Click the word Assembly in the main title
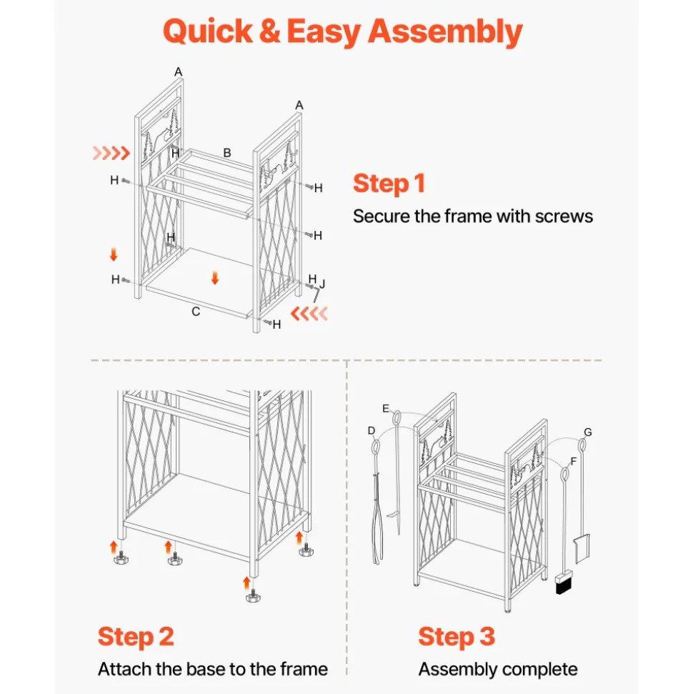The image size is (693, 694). tap(445, 32)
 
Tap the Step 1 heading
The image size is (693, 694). tap(389, 184)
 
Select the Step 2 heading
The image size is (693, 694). tap(136, 637)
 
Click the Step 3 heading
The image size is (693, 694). tap(457, 637)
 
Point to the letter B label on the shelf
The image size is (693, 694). tap(227, 153)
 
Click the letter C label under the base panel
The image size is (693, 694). tap(196, 312)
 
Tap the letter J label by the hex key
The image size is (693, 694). tap(323, 284)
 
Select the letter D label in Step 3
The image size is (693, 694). tap(372, 431)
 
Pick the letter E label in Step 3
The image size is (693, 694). tap(386, 408)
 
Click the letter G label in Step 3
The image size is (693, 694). tap(588, 432)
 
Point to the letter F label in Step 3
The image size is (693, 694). tap(574, 462)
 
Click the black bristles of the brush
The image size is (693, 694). tap(563, 587)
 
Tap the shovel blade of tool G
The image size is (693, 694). tap(582, 548)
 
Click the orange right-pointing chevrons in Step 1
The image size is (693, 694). tap(111, 153)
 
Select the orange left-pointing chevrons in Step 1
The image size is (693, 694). tap(309, 313)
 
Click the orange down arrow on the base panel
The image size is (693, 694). tap(215, 278)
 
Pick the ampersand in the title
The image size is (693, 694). tap(269, 32)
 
